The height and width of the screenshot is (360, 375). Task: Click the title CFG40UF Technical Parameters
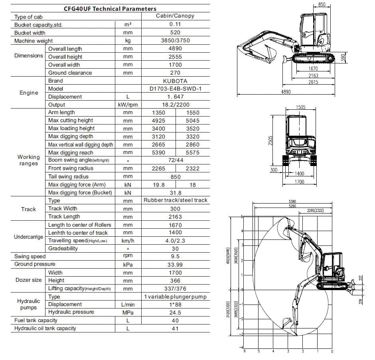pyautogui.click(x=110, y=8)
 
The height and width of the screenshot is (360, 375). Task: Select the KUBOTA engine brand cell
pyautogui.click(x=175, y=81)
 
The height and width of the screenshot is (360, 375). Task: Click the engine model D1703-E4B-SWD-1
pyautogui.click(x=175, y=89)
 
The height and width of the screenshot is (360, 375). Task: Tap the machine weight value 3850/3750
pyautogui.click(x=175, y=41)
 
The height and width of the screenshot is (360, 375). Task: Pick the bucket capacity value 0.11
pyautogui.click(x=175, y=25)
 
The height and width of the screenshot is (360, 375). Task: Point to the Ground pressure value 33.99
pyautogui.click(x=175, y=264)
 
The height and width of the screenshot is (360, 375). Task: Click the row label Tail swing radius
pyautogui.click(x=68, y=176)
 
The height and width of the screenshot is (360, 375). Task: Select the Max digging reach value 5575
pyautogui.click(x=193, y=152)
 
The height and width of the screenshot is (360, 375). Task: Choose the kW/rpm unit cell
pyautogui.click(x=128, y=105)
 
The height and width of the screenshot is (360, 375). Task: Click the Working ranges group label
pyautogui.click(x=28, y=160)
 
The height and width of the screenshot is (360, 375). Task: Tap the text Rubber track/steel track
pyautogui.click(x=176, y=200)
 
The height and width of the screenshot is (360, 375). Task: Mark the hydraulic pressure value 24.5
pyautogui.click(x=175, y=313)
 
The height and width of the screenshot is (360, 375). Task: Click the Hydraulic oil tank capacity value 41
pyautogui.click(x=175, y=328)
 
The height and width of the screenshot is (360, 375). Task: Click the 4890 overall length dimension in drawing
pyautogui.click(x=286, y=92)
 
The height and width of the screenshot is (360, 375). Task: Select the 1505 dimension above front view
pyautogui.click(x=301, y=107)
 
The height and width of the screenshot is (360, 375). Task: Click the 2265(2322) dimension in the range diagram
pyautogui.click(x=316, y=210)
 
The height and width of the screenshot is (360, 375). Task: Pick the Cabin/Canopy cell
pyautogui.click(x=175, y=16)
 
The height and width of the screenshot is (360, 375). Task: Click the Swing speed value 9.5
pyautogui.click(x=175, y=256)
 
